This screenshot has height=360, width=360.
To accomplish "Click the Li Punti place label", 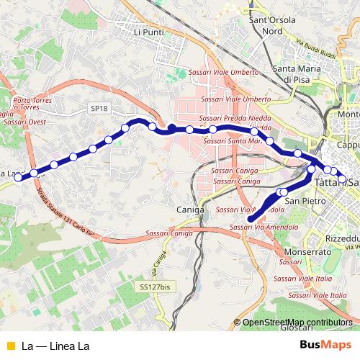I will pos(149,32).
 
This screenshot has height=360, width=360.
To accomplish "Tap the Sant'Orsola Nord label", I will pos(271,27).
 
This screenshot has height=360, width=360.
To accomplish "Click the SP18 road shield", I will pos(99,107).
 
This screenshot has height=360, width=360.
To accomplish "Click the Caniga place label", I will pos(191,210).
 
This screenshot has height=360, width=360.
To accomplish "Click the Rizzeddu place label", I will pos(343,238).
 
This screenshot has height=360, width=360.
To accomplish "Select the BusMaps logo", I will pos(325,345).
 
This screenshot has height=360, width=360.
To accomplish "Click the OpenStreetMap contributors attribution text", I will pos(297,323).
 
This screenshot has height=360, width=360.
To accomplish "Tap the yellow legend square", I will pos(9,346).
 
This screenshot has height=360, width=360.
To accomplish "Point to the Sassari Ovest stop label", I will pos(25,122).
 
